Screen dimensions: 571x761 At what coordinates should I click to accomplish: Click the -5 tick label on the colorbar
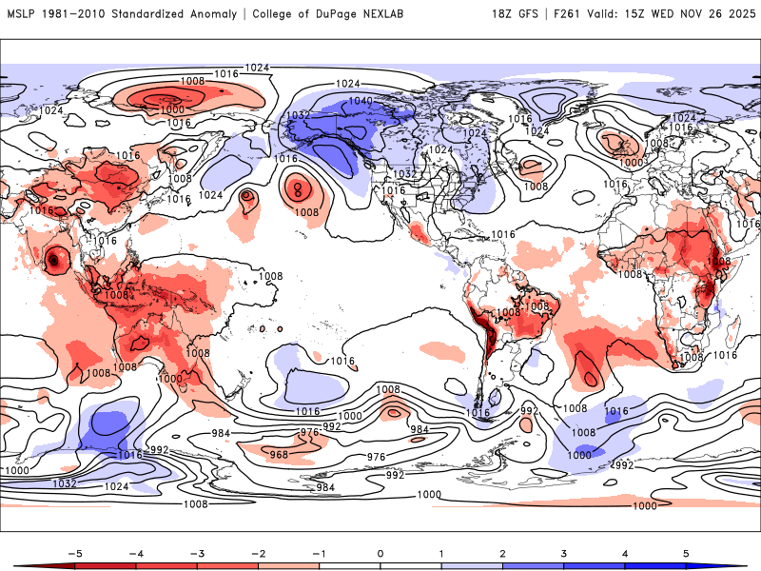point(70,552)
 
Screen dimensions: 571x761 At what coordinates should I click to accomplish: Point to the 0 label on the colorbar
point(380,552)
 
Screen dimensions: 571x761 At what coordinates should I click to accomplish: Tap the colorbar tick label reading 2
point(501,552)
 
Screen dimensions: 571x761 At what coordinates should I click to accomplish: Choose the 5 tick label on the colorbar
point(686,552)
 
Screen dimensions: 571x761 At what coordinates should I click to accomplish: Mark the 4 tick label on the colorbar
point(624,552)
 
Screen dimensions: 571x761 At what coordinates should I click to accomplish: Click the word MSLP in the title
point(22,14)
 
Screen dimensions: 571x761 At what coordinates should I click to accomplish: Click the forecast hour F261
point(576,14)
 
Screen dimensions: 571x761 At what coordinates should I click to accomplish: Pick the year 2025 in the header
point(740,14)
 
